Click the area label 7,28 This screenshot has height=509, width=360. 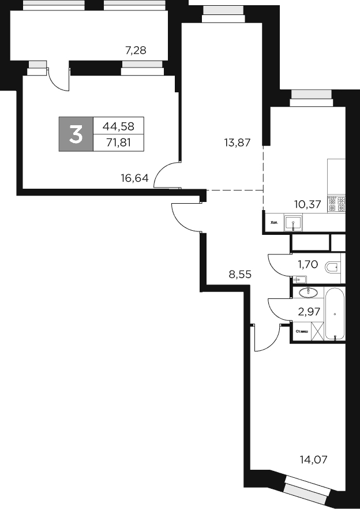[x=136, y=50]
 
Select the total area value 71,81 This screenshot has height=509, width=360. [x=118, y=142]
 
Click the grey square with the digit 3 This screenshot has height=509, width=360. [x=76, y=134]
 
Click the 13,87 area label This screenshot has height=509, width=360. [x=237, y=141]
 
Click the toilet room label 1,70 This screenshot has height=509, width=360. [x=307, y=265]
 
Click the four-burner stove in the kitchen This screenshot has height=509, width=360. [x=336, y=204]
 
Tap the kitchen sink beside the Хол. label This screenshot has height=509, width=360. [x=294, y=223]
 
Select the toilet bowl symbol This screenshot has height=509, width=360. [x=333, y=267]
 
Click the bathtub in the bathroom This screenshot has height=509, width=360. [x=334, y=315]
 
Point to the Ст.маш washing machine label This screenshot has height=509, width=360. [x=301, y=332]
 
